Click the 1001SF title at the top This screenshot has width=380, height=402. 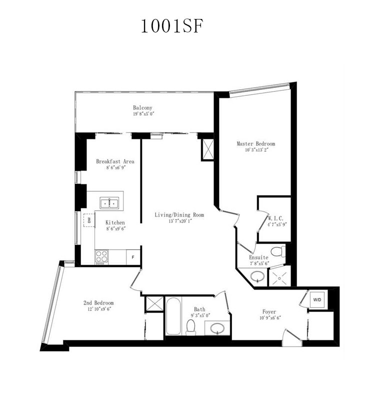point(172,26)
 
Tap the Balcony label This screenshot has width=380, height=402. point(142,108)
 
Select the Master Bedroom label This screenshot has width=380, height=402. point(255,144)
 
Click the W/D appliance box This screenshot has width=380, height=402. point(317,299)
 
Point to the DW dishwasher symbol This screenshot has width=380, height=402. point(89,220)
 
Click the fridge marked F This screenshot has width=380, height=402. point(133,257)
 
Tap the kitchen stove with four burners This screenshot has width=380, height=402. point(101,257)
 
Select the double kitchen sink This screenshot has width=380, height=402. point(109,203)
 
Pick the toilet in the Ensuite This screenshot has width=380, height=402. point(278,252)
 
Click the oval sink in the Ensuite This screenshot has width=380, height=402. point(257,276)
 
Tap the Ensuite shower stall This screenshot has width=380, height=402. point(279,276)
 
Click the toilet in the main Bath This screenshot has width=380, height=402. point(191,327)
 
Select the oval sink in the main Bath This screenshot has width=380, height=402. point(217,328)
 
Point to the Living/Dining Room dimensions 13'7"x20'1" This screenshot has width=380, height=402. point(180,221)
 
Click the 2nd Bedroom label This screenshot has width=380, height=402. point(98,303)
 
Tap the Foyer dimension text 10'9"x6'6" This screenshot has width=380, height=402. point(270,318)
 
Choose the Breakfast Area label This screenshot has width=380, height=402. point(115,161)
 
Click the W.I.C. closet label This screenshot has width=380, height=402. point(276,218)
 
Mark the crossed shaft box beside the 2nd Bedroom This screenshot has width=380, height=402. point(154,304)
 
